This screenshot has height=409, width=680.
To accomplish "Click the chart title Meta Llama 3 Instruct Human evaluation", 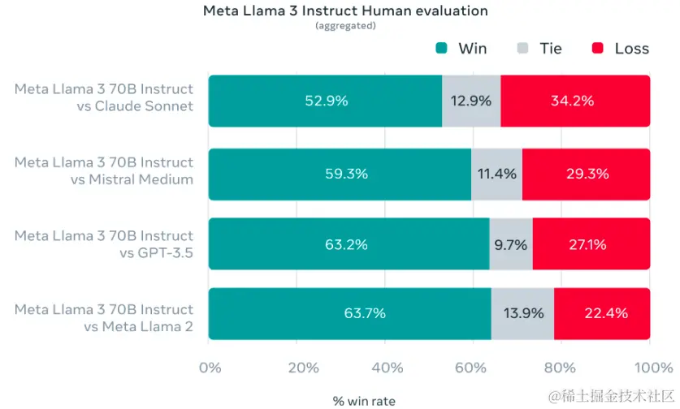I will coord(344,11).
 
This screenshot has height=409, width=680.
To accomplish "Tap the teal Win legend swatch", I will coord(442,49).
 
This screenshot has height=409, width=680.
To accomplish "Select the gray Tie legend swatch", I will coord(523,49).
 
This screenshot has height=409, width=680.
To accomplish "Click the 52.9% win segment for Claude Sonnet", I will coord(325,101).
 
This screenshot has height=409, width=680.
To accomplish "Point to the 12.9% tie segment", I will coord(471,101).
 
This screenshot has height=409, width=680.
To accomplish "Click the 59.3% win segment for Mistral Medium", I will coord(340,174).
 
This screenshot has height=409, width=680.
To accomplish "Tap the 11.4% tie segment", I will coord(496,174).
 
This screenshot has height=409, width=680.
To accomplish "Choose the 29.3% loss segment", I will coord(586,174).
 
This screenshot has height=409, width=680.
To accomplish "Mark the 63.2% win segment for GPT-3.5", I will coord(349,244).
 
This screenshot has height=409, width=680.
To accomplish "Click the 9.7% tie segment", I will coord(511,244).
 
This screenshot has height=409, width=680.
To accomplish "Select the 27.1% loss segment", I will coord(591,244).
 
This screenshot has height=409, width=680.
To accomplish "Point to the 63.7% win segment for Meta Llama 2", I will coord(349,313).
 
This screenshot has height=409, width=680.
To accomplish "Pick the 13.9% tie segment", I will coord(522,313).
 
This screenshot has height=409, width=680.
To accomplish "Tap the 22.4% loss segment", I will coord(601,313).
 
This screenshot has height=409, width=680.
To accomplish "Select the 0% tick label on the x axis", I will coord(210,368).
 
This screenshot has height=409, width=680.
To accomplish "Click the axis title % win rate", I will coord(364,400).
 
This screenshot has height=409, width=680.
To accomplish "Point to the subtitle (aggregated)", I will coord(344,26).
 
